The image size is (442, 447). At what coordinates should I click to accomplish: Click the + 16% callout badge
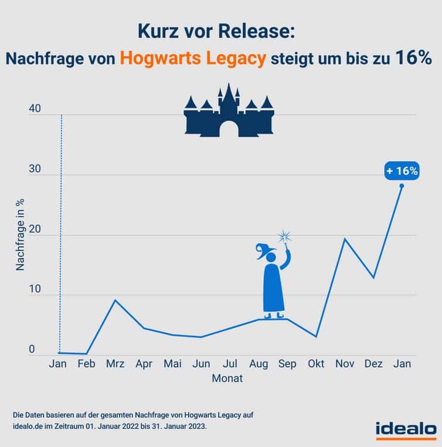tap(402, 171)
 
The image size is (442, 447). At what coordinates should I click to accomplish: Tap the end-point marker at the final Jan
tap(402, 186)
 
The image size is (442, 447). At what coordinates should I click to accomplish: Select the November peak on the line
tap(345, 238)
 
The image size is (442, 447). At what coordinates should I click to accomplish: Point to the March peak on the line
tap(115, 300)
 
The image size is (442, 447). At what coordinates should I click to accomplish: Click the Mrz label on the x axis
tap(115, 364)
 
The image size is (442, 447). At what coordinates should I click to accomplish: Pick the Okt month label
tap(317, 364)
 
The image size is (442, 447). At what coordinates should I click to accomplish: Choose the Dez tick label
tap(373, 364)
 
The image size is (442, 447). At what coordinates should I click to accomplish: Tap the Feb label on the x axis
tap(87, 364)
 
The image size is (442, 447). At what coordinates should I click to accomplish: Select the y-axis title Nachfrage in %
tap(20, 234)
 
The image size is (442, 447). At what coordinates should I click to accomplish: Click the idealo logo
tap(406, 428)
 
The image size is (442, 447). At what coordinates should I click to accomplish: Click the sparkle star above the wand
tap(285, 236)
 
